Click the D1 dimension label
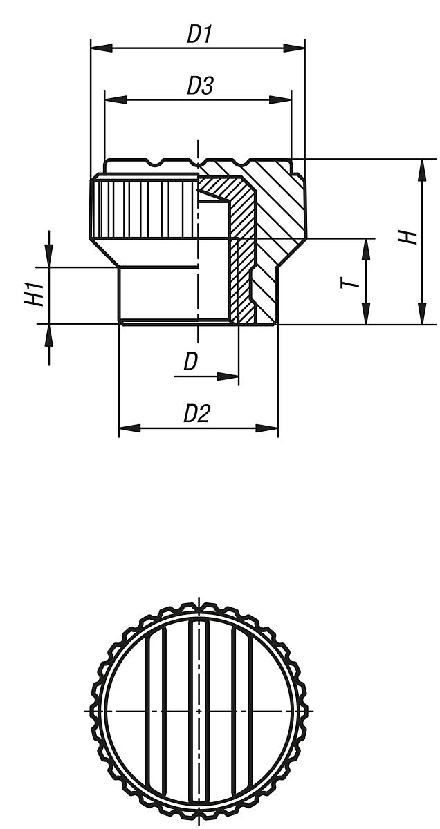click(x=199, y=35)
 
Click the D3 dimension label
click(x=199, y=86)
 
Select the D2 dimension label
click(x=196, y=413)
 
